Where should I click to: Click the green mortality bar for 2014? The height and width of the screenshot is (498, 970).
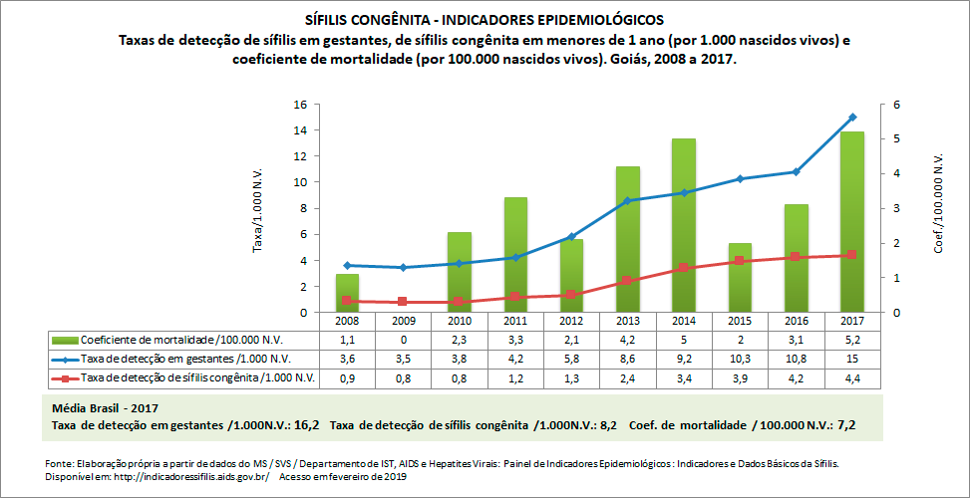683,229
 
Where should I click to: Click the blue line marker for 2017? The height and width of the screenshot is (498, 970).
851,118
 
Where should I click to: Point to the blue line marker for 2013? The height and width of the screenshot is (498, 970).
627,200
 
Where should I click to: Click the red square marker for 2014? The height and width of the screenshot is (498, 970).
683,268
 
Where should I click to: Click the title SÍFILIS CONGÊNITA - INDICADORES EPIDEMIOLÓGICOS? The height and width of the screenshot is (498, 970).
484,19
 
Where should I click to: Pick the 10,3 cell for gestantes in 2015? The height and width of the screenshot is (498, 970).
739,359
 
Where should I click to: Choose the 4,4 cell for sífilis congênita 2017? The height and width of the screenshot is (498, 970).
851,377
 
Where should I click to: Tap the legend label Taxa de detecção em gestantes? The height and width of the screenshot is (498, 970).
184,359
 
